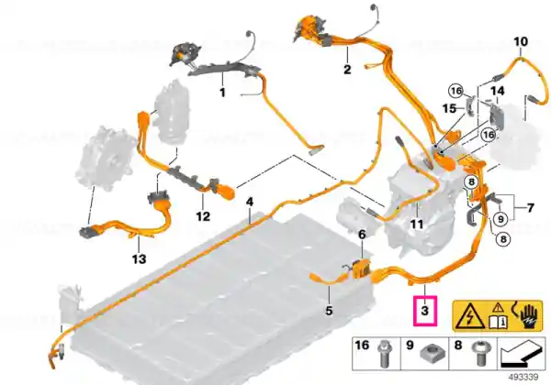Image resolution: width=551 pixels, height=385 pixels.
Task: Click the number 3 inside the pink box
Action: (425, 311)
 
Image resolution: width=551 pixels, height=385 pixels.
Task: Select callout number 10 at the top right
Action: (521, 42)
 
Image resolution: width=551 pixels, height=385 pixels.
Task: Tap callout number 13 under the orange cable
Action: (139, 259)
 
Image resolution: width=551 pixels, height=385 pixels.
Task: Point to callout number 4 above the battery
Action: (250, 202)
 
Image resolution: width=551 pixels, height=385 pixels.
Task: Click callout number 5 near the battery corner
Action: (329, 311)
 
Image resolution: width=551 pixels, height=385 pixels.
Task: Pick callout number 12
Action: (362, 235)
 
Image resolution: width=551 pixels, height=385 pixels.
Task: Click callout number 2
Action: (347, 69)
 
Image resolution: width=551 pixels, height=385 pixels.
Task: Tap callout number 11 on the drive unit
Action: (417, 224)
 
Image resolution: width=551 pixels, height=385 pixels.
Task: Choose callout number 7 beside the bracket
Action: (530, 207)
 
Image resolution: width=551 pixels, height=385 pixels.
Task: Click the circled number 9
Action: (500, 219)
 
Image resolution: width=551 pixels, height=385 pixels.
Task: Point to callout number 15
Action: (450, 109)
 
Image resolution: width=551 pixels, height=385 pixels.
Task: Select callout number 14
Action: (498, 91)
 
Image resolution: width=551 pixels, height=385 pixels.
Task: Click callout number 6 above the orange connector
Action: (362, 235)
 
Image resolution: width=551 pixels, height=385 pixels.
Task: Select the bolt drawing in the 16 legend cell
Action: (383, 355)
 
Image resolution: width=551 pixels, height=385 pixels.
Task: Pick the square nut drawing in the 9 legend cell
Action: (431, 354)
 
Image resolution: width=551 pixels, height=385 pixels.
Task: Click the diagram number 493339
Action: (523, 378)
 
